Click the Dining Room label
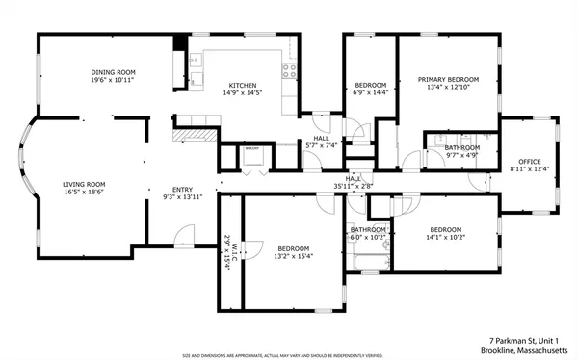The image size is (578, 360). pyautogui.click(x=113, y=72)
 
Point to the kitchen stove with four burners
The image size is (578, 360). pyautogui.click(x=286, y=69)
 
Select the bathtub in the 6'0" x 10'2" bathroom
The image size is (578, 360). pyautogui.click(x=367, y=262)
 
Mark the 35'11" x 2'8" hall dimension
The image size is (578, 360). pyautogui.click(x=354, y=187)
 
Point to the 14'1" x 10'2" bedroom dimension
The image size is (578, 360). pyautogui.click(x=444, y=237)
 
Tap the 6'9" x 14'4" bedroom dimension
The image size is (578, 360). pyautogui.click(x=370, y=92)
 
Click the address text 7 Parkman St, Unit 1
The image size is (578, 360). pyautogui.click(x=529, y=339)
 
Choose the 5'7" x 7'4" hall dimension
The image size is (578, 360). pyautogui.click(x=320, y=145)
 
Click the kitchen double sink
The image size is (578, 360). pyautogui.click(x=196, y=79)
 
